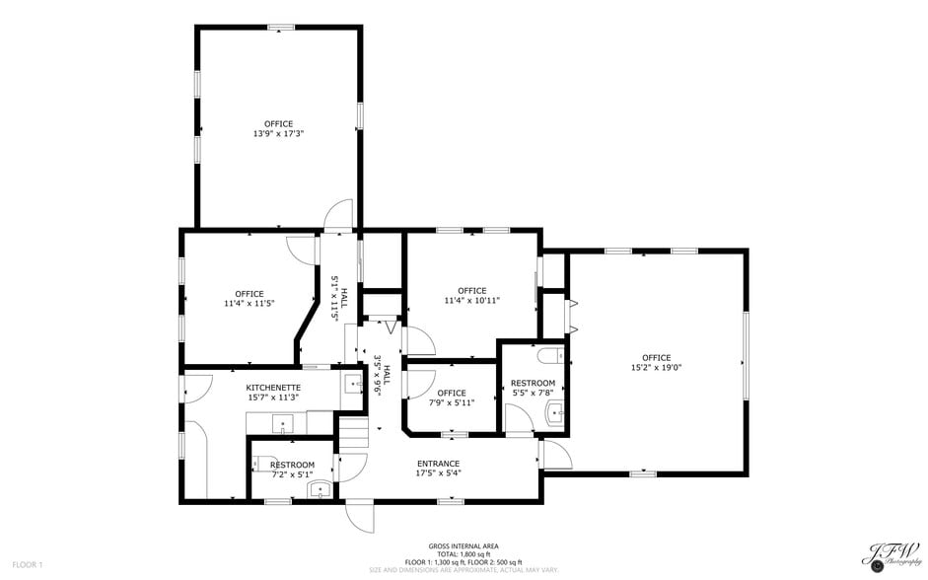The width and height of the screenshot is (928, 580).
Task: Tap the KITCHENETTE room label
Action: (273, 388)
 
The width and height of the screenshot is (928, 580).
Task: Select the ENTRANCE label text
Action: (438, 464)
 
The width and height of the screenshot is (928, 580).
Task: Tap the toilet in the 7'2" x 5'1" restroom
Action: (265, 460)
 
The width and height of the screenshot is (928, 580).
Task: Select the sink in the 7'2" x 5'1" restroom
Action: (319, 488)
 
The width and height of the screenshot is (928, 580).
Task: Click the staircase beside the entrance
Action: (353, 432)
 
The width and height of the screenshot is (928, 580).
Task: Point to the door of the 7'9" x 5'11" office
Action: (414, 382)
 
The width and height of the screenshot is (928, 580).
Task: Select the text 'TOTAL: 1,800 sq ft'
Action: (464, 554)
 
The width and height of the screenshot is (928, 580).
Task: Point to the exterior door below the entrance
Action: (359, 516)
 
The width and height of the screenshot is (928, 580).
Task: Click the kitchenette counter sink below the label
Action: (283, 425)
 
